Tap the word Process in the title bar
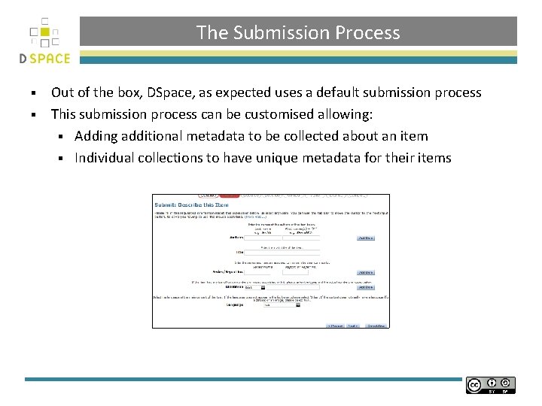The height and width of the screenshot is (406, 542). pos(367,33)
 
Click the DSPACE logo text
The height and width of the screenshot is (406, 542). pos(44,59)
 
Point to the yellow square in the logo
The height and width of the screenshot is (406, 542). pos(44,32)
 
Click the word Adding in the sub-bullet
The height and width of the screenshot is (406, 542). pos(96,136)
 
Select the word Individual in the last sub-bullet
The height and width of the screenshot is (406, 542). pos(106,158)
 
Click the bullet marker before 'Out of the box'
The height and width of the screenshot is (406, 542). pos(34,93)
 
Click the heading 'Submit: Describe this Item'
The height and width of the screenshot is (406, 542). pos(192,205)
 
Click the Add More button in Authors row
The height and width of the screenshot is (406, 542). pos(365,238)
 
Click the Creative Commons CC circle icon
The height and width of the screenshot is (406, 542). pos(474,385)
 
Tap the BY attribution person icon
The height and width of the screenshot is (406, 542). pos(492,383)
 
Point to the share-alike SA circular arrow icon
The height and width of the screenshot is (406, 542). pos(506,383)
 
